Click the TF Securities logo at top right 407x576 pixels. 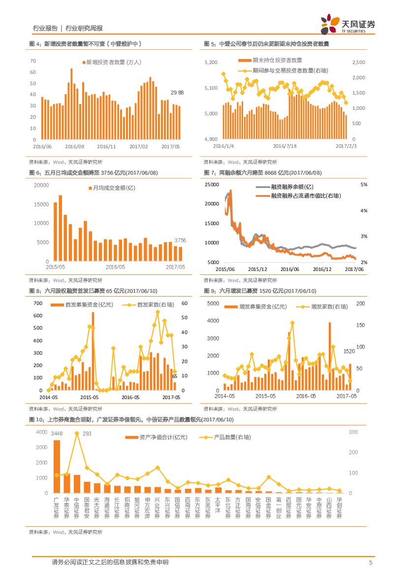coord(347,24)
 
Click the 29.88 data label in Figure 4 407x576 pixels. coord(177,93)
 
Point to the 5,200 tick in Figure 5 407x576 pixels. coord(210,63)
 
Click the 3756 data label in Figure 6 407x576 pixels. coord(181,240)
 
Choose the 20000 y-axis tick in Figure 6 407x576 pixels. coord(41,185)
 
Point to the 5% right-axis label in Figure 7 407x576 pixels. coord(364,185)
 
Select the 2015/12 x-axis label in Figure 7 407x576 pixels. coord(257,269)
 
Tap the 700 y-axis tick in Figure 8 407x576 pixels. coord(38,303)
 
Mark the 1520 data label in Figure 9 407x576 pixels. coord(349,351)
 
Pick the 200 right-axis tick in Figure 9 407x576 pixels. coord(360,304)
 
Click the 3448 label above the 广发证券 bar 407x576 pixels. coord(57,434)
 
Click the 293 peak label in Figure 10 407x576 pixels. coord(87,434)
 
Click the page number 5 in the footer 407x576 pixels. coord(371,563)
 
